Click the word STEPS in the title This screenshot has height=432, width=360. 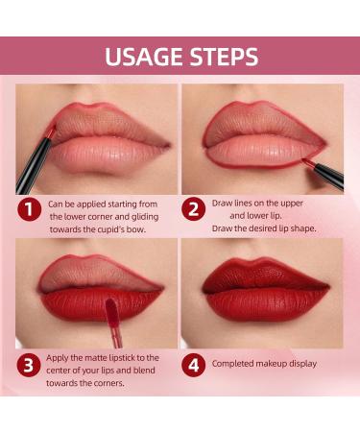(224, 57)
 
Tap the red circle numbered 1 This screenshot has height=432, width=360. (30, 210)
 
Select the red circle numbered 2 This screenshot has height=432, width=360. (193, 209)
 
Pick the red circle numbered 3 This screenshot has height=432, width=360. (29, 365)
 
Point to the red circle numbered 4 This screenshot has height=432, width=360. (193, 365)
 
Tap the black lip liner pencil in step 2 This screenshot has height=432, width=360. (325, 172)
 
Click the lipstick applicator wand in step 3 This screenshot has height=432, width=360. (112, 323)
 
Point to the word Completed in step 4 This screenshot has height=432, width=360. (232, 364)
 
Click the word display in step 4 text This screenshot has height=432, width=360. (302, 364)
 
